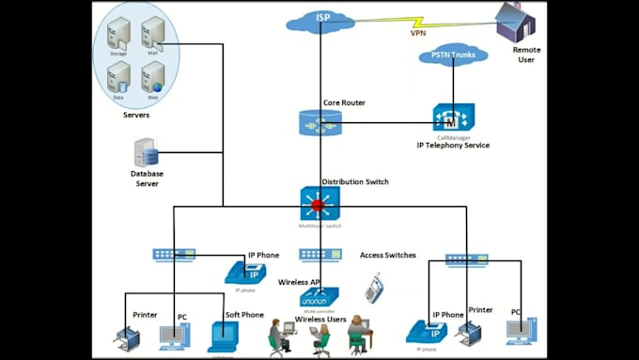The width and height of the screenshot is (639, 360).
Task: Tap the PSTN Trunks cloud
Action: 452,56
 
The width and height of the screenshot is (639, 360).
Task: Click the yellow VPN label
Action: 418,33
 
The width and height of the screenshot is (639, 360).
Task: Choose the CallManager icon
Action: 453,117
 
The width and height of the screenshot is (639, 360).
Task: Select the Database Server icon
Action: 146,152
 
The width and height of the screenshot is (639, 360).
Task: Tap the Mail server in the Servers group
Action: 152,36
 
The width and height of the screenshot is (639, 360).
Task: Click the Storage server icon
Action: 118,36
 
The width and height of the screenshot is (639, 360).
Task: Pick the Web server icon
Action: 152,78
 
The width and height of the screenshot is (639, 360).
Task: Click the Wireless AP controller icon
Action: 320,296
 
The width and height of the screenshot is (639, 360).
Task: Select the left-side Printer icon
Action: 126,337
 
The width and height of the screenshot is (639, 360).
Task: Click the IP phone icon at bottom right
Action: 423,334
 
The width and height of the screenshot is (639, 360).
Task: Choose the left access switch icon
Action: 174,255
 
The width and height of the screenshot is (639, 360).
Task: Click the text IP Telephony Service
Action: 453,146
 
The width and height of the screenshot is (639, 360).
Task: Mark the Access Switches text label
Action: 387,255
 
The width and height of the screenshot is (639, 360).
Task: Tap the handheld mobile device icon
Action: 375,287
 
